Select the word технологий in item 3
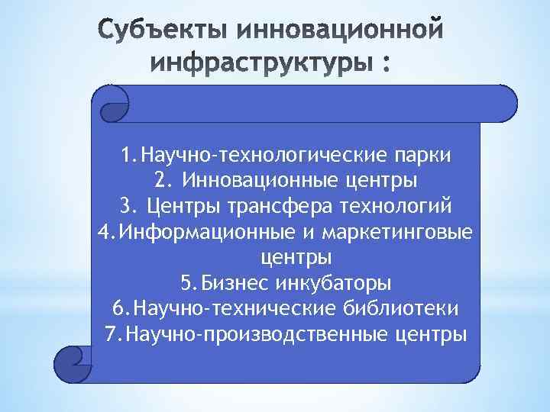point(400,207)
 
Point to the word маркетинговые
point(396,232)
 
